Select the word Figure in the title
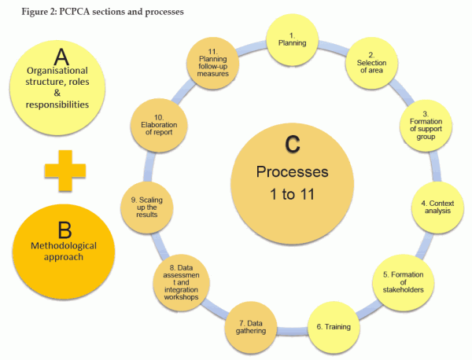[21, 11]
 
